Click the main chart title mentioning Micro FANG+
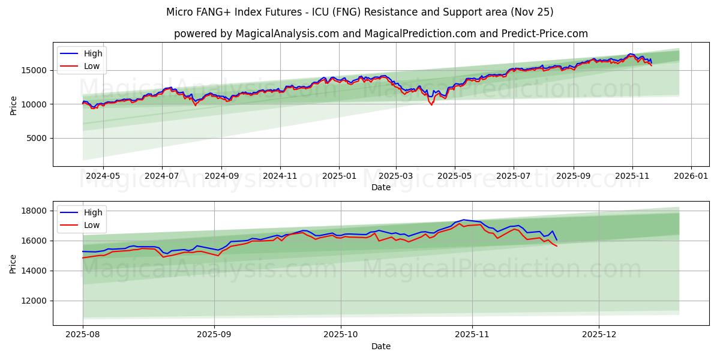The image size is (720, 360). click(x=360, y=12)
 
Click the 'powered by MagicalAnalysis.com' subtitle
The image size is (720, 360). click(x=380, y=34)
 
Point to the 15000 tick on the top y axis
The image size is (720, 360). click(x=35, y=70)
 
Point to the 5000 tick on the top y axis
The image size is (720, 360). click(x=37, y=139)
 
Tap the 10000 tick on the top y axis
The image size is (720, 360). click(x=35, y=104)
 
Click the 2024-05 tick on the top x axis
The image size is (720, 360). click(x=103, y=176)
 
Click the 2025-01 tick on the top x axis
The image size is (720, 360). click(x=339, y=176)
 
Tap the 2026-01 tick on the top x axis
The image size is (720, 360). click(x=691, y=176)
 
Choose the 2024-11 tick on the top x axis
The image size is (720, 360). click(x=280, y=176)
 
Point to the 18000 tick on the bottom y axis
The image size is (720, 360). click(x=35, y=211)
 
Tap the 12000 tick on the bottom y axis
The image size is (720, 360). click(x=35, y=301)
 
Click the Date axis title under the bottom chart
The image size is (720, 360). click(x=380, y=346)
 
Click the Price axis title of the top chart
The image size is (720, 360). click(x=13, y=104)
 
